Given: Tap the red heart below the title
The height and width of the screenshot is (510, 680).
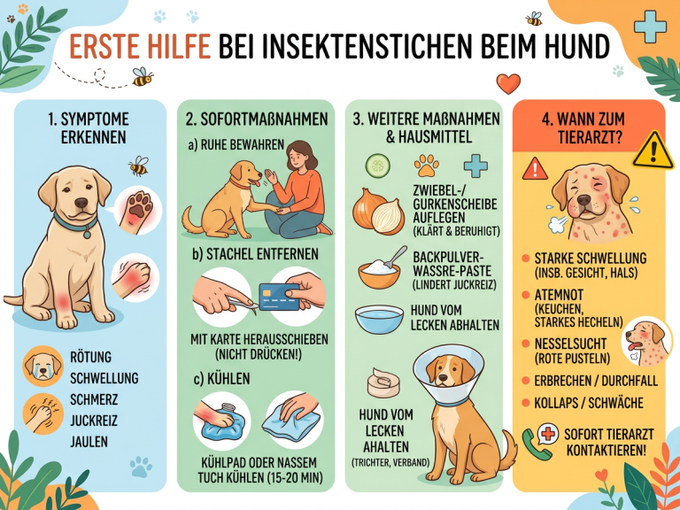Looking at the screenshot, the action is point(508,83).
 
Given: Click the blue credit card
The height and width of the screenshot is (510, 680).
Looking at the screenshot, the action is point(279,297).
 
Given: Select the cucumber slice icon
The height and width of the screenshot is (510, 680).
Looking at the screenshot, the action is point(378,166).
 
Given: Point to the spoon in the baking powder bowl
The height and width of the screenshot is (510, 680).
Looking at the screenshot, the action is point(397,257).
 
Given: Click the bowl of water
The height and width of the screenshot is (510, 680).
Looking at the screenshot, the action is point(379,319).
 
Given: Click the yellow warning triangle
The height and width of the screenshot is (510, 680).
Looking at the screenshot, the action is point(653,151).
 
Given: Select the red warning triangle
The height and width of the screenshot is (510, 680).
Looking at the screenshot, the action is point(535,169).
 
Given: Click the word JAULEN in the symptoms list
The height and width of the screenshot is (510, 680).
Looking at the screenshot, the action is point(89,442).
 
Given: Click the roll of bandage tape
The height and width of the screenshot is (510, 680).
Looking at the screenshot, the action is point(383,382).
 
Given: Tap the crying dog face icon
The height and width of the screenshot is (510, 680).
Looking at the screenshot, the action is point(42,366).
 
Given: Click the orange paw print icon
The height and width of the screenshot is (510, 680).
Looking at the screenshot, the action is point(426,166).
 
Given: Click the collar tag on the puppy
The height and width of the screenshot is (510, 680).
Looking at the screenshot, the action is point(87,235).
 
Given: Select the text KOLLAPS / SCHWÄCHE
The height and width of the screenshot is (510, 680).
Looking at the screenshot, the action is point(589,403).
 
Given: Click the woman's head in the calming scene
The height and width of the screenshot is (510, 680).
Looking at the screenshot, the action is point(297,156).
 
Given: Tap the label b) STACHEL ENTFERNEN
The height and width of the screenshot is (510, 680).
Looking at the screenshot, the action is point(255,254).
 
